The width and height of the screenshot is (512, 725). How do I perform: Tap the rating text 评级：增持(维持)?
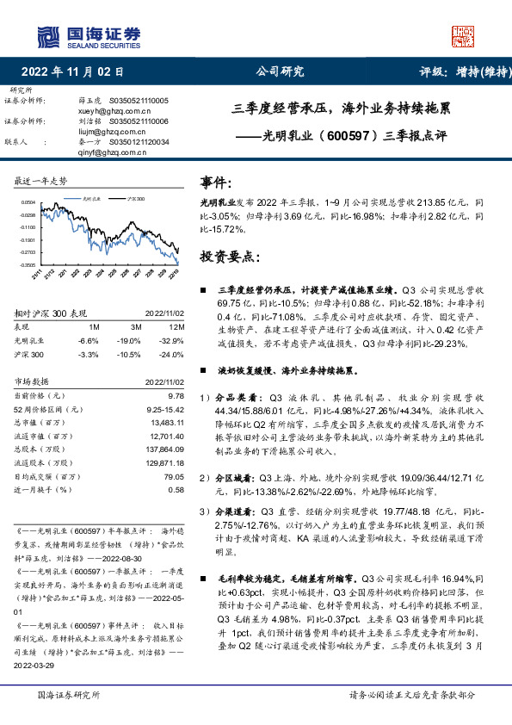coord(454,71)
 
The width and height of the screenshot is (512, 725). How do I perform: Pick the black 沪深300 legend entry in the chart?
coord(132,197)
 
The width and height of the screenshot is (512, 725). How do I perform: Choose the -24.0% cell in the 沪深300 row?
coord(173,353)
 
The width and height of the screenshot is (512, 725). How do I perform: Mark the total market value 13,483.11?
coord(167,422)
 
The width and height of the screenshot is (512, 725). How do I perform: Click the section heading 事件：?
coord(216,183)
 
